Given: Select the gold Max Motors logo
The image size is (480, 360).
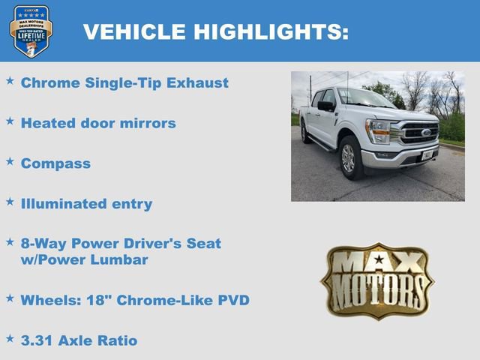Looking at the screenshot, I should point(377,280).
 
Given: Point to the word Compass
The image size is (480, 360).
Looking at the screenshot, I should point(55,163).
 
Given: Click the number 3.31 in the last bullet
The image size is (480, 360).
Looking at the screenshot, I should point(37,340).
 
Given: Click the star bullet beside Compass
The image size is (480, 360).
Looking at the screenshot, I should point(10,160).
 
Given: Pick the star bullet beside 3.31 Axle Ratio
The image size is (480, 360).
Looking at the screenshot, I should point(10,338).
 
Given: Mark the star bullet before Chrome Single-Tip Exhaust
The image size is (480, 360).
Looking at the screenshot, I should point(10,80).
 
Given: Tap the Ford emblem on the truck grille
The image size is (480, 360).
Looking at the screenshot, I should point(426,133).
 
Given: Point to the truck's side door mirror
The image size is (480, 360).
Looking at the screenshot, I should point(325,106).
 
